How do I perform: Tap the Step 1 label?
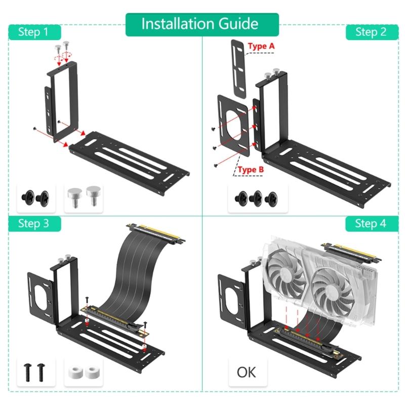coord(33,32)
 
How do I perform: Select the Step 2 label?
coord(370,32)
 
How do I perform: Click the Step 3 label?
coord(33,224)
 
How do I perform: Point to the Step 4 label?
coord(370,224)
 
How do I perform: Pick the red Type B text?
coord(251,170)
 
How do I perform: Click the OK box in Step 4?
coord(247,372)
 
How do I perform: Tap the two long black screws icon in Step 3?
coord(33,373)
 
